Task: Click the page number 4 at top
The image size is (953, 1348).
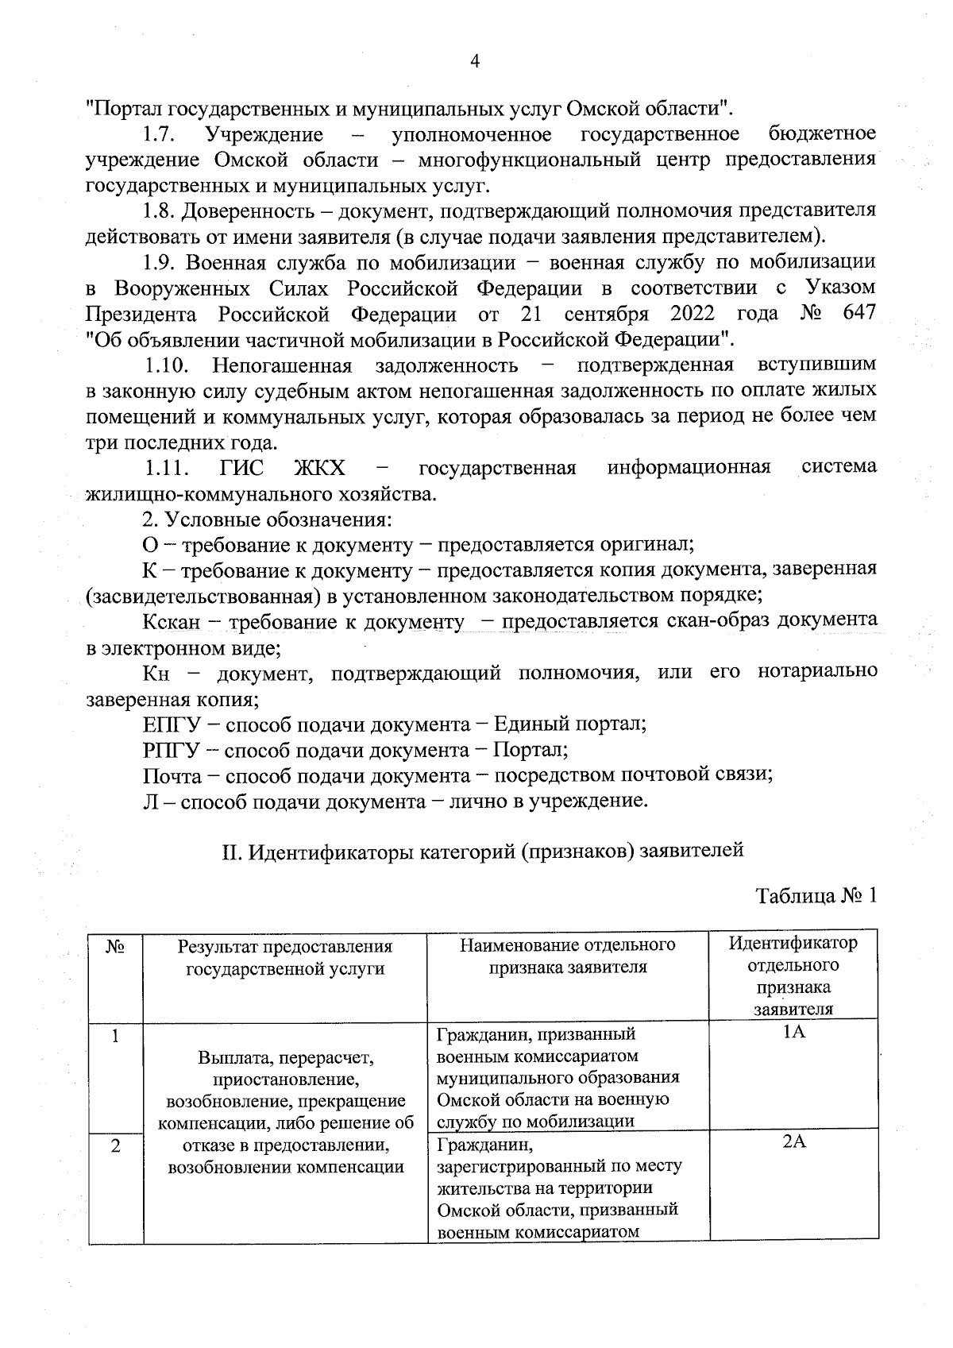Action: coord(475,61)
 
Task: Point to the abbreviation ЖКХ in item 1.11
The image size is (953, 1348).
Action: coord(319,467)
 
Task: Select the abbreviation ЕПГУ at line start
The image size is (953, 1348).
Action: coord(172,724)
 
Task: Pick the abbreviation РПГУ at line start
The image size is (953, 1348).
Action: coord(172,750)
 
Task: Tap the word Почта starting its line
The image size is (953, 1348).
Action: coord(172,775)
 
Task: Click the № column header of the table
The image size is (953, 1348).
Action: coord(115,946)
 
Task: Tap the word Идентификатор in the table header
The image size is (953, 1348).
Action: coord(793,944)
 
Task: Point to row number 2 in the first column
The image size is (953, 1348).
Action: coord(115,1146)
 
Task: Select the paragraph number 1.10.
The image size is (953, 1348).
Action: coord(167,365)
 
